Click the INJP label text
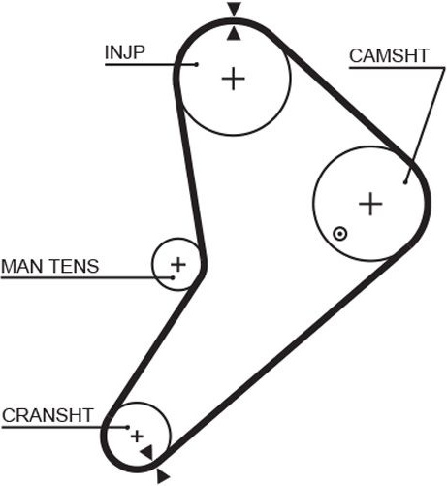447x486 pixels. pos(125,52)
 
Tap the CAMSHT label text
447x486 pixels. pos(389,55)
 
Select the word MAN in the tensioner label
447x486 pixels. pos(22,266)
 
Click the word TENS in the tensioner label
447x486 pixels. pos(75,266)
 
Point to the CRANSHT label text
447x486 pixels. pos(48,415)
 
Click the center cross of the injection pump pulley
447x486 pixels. pos(234,79)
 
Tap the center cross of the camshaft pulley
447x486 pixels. pos(370,204)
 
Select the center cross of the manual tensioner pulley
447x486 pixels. pos(178,265)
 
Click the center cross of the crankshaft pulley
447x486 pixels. pos(137,437)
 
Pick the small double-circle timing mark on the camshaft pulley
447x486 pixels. pos(340,234)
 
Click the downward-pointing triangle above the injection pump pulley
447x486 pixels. pos(234,9)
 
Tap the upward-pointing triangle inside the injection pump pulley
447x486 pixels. pos(234,34)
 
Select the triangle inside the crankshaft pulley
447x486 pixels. pos(148,452)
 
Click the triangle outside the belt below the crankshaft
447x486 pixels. pos(162,476)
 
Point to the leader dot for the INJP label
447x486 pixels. pos(196,65)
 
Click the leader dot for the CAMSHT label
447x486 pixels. pos(405,182)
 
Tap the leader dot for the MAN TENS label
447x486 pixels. pos(173,277)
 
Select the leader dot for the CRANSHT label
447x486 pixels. pos(128,427)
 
